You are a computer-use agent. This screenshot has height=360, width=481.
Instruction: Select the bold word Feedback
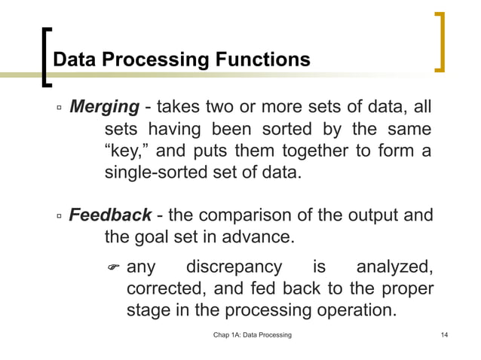tap(110, 216)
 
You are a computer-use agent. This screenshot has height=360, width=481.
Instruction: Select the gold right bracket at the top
tap(441, 42)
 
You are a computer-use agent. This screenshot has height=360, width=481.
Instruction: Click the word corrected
tap(164, 289)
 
